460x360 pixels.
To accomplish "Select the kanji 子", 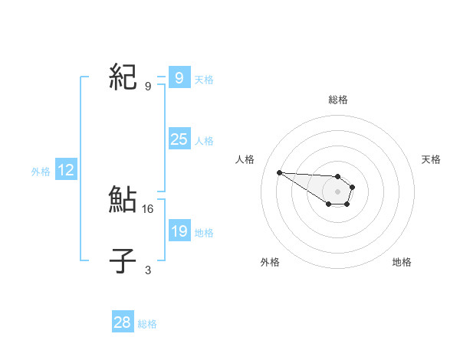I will (x=123, y=262).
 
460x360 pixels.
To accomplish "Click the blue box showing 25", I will (x=179, y=139).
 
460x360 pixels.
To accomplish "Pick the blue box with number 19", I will (x=179, y=231).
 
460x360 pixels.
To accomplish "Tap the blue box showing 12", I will (x=66, y=170).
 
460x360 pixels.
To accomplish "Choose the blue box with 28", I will (x=123, y=322).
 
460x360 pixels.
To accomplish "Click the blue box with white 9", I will (x=179, y=78).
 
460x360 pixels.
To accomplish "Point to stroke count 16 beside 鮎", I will (x=149, y=208).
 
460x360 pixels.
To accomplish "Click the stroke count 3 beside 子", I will (x=148, y=270).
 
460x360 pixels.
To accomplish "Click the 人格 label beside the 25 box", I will (x=204, y=141).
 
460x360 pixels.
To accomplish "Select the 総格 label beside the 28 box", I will (x=147, y=324).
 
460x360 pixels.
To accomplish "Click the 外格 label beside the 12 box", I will (x=41, y=172).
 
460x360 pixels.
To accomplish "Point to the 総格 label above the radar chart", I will (x=338, y=100).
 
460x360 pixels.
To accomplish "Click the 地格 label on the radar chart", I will (x=402, y=262).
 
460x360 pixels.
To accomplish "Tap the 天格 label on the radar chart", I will (x=431, y=159).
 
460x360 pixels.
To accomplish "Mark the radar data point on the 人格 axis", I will (x=279, y=172).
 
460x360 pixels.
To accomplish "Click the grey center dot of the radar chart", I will (x=337, y=191).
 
